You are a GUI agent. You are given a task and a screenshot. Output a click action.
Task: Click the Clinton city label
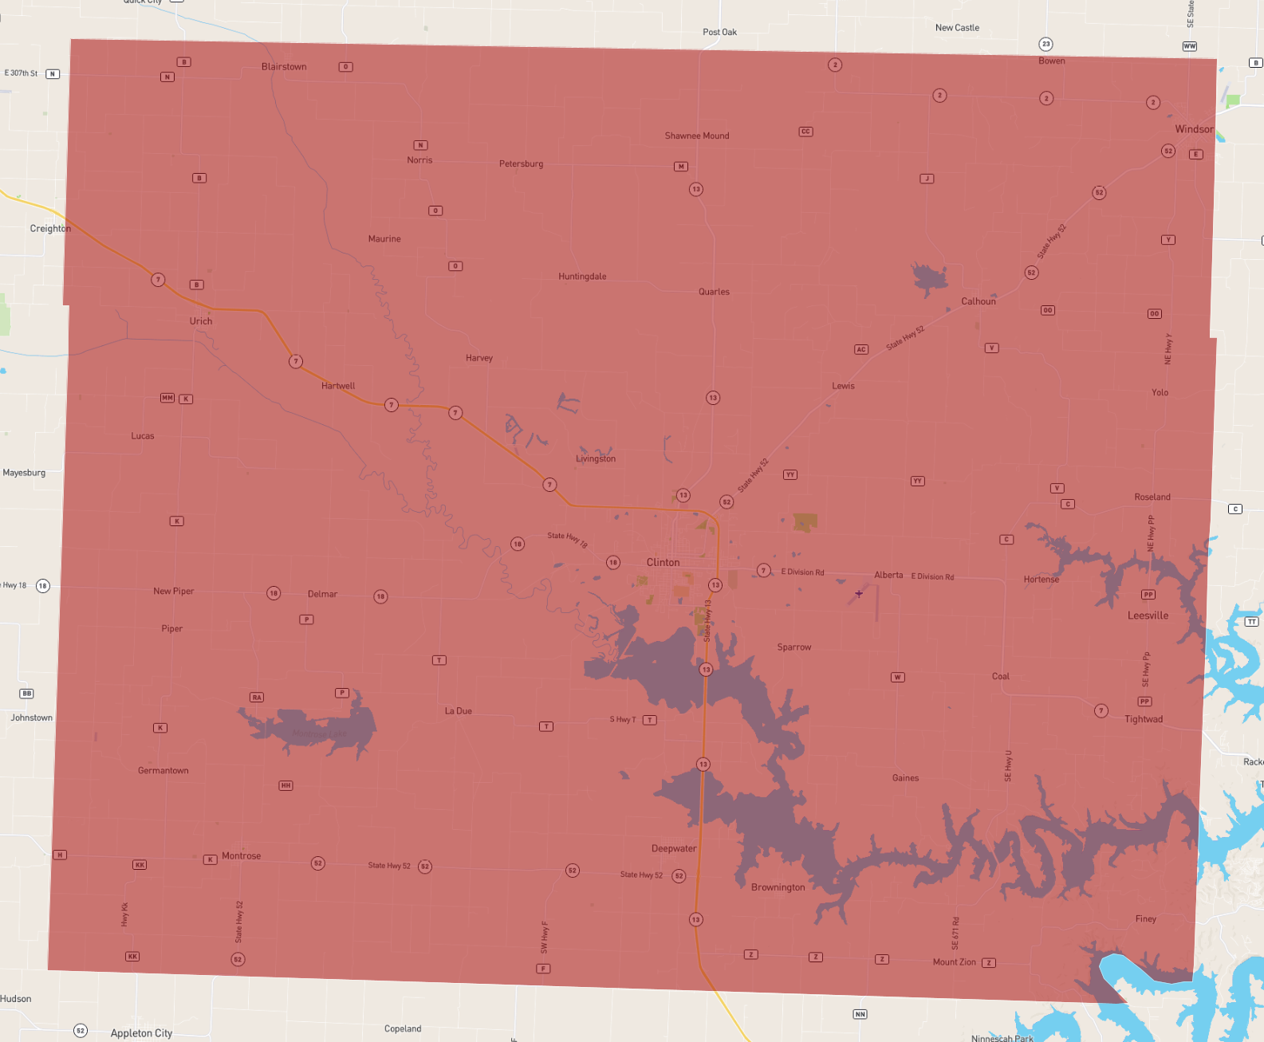663,562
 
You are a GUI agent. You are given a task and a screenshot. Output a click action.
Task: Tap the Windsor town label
1194,129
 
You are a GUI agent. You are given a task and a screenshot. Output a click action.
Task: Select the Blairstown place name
284,67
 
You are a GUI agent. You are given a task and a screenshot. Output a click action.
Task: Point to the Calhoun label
979,301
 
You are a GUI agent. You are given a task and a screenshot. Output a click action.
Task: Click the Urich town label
201,321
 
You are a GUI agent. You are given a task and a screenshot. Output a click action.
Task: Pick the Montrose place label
241,856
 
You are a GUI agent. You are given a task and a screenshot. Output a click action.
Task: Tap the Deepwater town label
674,848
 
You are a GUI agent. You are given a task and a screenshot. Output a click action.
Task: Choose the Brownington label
778,887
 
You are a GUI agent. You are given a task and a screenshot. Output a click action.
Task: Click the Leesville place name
1148,615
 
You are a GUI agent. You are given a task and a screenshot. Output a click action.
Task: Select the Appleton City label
141,1033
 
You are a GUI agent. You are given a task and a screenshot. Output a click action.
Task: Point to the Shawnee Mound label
697,136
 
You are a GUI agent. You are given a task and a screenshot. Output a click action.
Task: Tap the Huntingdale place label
582,277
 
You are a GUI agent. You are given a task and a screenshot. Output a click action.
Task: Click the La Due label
459,711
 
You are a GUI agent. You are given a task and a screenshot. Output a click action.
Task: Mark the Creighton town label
50,229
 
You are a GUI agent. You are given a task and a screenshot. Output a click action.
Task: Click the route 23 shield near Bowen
1045,44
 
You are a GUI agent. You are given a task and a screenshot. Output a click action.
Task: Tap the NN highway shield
860,1014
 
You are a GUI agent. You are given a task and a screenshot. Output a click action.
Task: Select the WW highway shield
1189,46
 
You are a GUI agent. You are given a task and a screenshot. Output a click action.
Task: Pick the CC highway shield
805,132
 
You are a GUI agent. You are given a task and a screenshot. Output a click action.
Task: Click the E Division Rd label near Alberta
932,576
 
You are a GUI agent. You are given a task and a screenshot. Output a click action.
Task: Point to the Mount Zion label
954,962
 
